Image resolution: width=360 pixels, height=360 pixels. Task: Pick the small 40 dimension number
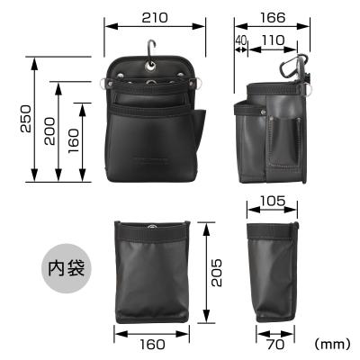[240, 40]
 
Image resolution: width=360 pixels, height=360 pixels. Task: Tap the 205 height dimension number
[215, 270]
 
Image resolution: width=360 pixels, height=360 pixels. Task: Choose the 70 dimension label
[274, 344]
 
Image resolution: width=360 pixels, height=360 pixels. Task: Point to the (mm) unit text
[332, 344]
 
